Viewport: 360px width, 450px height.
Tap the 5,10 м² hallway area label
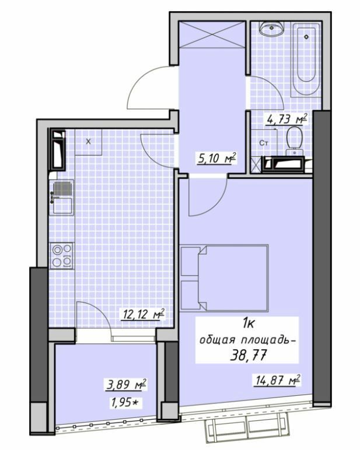tap(216, 157)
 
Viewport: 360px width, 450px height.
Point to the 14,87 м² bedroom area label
tap(277, 380)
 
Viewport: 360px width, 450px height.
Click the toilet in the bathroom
tap(294, 140)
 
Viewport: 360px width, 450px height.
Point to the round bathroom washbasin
tap(271, 29)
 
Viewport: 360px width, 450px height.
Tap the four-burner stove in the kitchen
tap(62, 255)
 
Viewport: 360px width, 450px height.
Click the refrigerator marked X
tap(89, 142)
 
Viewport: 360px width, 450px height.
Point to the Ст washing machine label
tap(263, 142)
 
